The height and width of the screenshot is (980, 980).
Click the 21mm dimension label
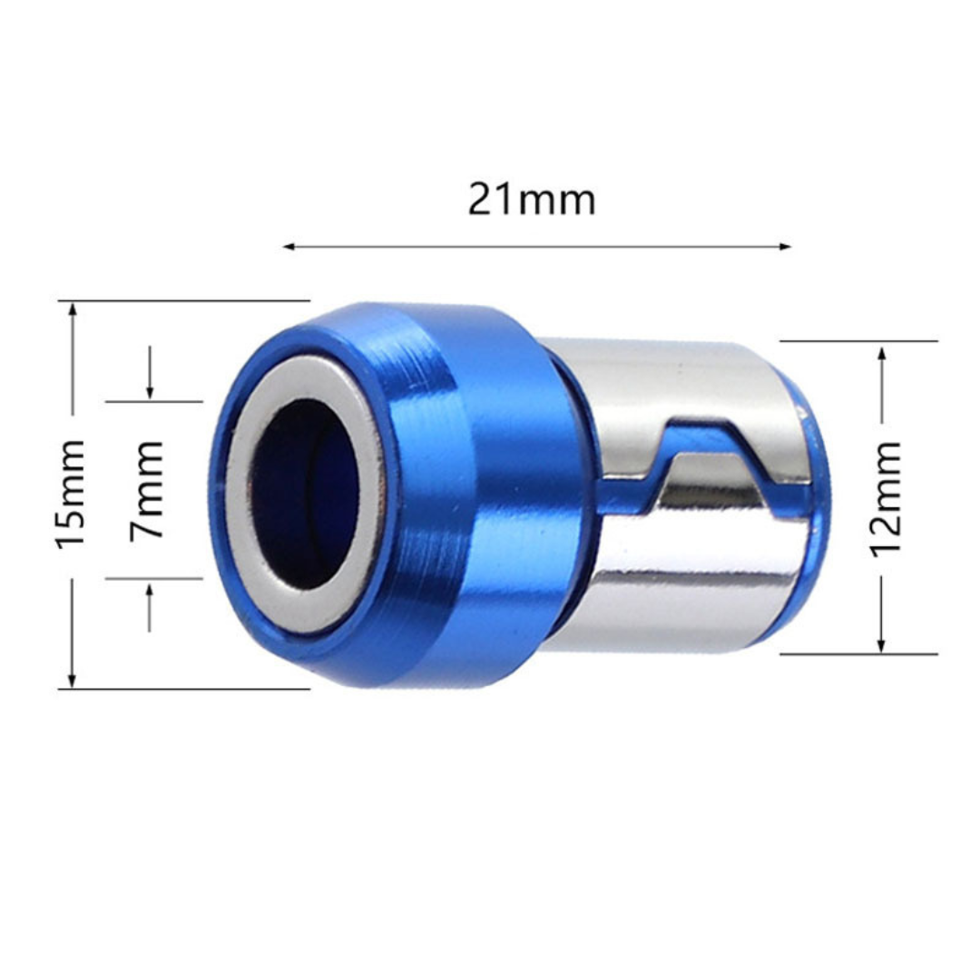coord(531,200)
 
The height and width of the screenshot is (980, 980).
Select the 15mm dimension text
coord(71,493)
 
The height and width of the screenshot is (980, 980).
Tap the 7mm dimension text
coord(147,490)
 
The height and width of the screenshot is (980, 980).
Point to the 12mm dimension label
coord(887,497)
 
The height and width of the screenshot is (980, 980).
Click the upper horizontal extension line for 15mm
coord(181,300)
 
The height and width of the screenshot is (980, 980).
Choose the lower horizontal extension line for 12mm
coord(857,653)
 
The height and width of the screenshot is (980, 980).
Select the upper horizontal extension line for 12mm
coord(857,342)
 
